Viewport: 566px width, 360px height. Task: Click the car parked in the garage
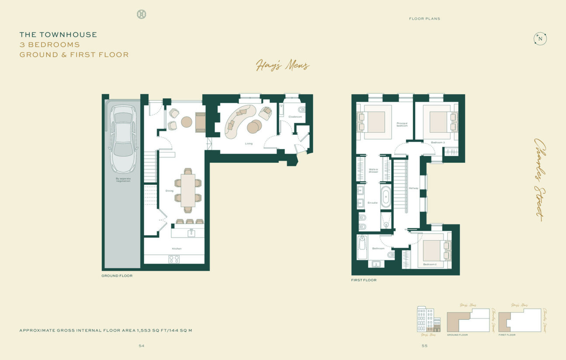tap(123, 139)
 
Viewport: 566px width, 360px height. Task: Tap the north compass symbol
tap(540, 39)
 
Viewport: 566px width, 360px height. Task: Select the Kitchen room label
tap(176, 249)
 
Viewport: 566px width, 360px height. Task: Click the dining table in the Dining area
tap(188, 190)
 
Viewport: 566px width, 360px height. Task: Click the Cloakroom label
tap(295, 117)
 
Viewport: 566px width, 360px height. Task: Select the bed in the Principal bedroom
tap(374, 122)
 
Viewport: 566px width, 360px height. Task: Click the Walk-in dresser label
tap(373, 171)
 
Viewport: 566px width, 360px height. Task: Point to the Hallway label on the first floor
tap(413, 188)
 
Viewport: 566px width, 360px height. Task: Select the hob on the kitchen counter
tap(174, 259)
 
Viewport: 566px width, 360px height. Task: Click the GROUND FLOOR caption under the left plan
tap(117, 276)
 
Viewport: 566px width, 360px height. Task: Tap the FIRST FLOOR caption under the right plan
tap(363, 280)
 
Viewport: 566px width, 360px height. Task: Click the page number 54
tap(141, 346)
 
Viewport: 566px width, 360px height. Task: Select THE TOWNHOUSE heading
tap(58, 34)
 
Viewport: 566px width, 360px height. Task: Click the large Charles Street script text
tap(540, 179)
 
